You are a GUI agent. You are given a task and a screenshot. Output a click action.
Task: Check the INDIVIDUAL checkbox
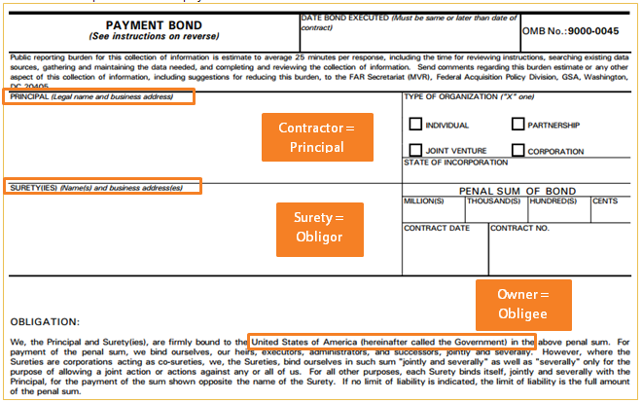pyautogui.click(x=415, y=125)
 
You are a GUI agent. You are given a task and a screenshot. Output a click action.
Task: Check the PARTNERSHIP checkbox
pyautogui.click(x=518, y=125)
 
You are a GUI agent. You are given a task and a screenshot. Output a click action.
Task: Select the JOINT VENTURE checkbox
pyautogui.click(x=415, y=150)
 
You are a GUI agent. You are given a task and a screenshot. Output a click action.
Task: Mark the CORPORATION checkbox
pyautogui.click(x=518, y=150)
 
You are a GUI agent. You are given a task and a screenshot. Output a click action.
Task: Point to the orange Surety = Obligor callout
pyautogui.click(x=320, y=226)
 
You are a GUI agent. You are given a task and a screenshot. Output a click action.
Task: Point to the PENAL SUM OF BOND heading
pyautogui.click(x=518, y=191)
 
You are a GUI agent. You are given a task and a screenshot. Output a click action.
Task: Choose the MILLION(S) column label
pyautogui.click(x=424, y=201)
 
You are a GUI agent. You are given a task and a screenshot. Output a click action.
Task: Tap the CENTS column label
pyautogui.click(x=605, y=201)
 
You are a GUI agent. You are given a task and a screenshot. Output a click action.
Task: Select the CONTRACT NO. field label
pyautogui.click(x=520, y=228)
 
